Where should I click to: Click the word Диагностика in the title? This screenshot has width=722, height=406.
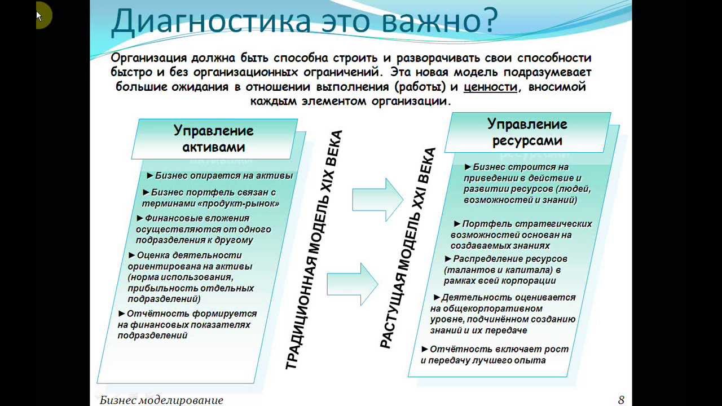[211, 20]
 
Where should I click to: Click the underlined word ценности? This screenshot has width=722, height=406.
[490, 87]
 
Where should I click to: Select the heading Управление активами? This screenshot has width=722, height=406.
[214, 139]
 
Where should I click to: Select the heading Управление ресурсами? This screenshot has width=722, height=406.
[527, 132]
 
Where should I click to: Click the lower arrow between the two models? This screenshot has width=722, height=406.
[353, 283]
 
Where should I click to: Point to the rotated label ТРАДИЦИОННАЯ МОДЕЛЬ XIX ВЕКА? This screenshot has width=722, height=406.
[314, 250]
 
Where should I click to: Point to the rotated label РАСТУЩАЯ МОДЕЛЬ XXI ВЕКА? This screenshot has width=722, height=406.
[408, 248]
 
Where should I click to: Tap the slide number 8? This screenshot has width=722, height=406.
[621, 400]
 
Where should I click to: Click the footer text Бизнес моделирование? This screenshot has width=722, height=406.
[161, 400]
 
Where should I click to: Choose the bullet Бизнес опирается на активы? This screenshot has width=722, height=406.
[223, 176]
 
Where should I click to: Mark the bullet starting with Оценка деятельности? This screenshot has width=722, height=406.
[189, 255]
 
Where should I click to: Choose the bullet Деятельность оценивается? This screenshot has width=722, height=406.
[508, 297]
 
